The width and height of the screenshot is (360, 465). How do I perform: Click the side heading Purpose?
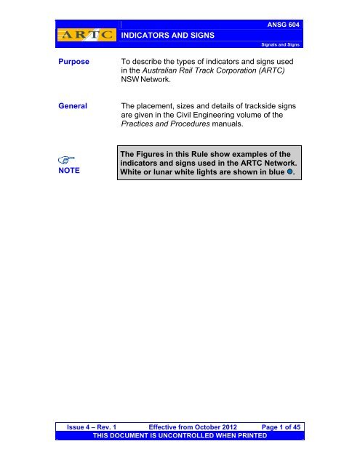click(x=73, y=62)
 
